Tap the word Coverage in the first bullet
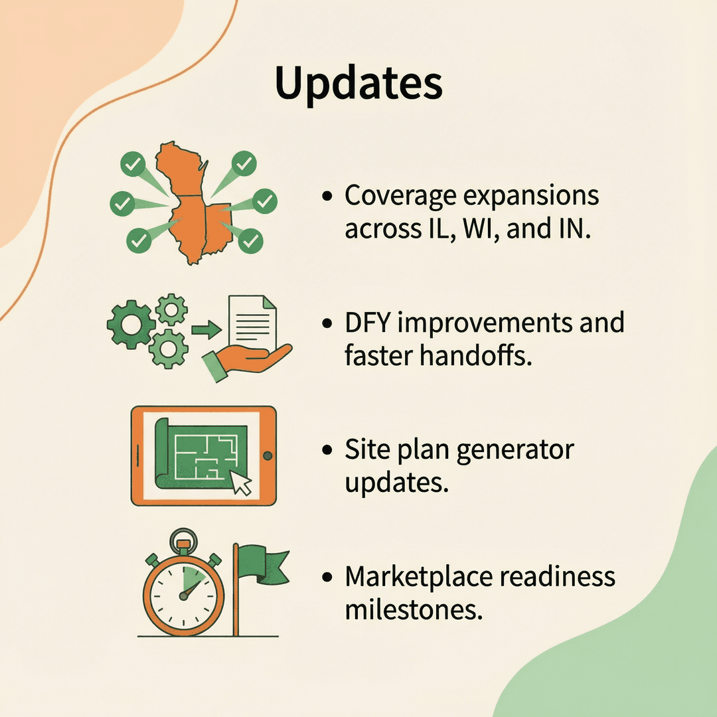pyautogui.click(x=396, y=196)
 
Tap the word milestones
pyautogui.click(x=411, y=609)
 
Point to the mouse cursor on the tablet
pyautogui.click(x=242, y=483)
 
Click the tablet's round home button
pyautogui.click(x=267, y=456)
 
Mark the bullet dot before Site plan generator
pyautogui.click(x=327, y=449)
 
